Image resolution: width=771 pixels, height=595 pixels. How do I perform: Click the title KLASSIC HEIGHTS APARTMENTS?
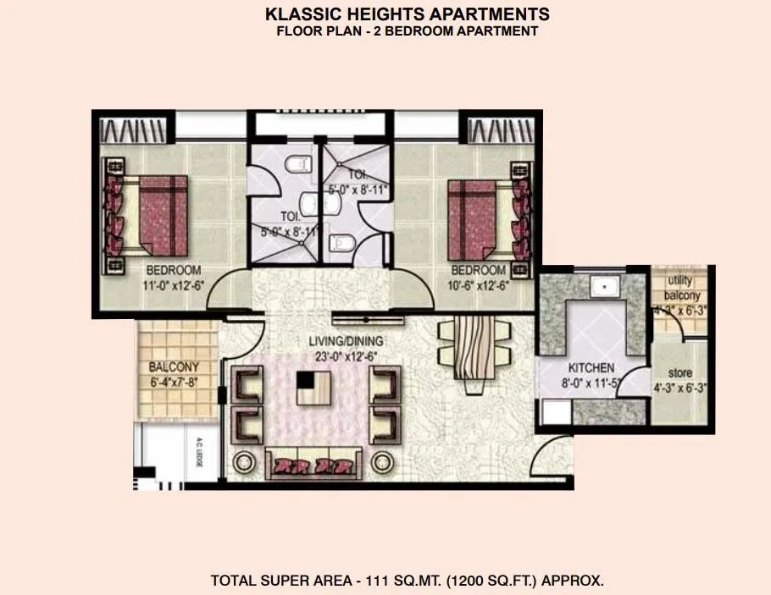click(407, 14)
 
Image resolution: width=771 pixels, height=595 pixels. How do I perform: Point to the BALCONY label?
click(173, 367)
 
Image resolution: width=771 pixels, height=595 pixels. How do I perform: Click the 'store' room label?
click(679, 373)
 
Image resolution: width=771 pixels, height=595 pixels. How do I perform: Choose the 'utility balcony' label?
click(683, 289)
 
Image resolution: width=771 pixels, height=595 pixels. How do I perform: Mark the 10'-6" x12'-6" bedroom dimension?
click(478, 285)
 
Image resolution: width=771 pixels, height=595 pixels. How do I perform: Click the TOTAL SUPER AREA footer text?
click(407, 581)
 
